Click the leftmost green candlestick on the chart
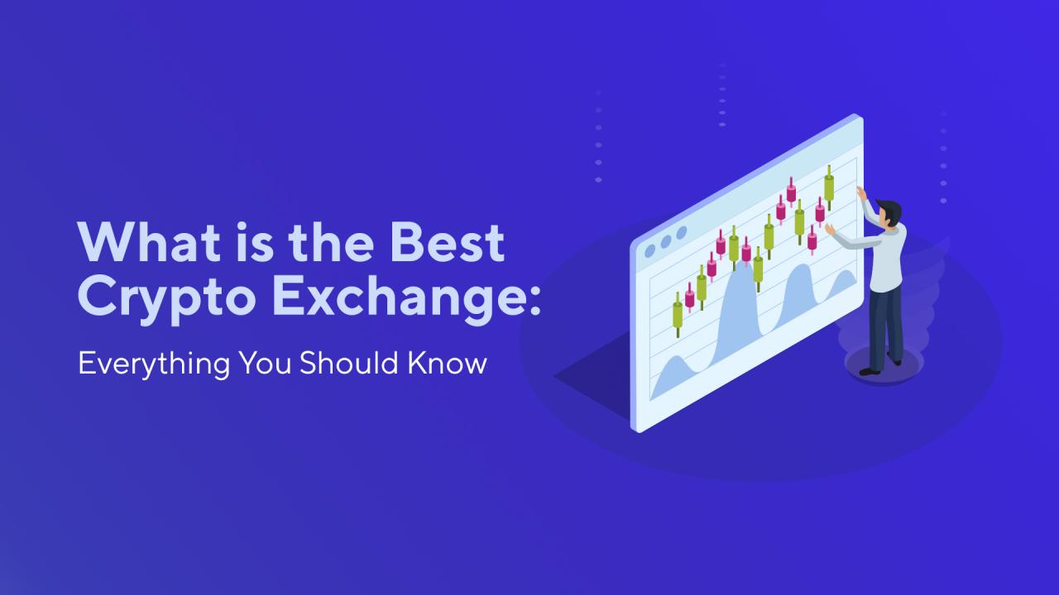pyautogui.click(x=678, y=315)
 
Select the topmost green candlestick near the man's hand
pyautogui.click(x=829, y=187)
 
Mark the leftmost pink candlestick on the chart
pyautogui.click(x=690, y=296)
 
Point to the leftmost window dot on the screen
pyautogui.click(x=650, y=250)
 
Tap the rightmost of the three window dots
pyautogui.click(x=682, y=233)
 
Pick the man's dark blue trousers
pyautogui.click(x=884, y=326)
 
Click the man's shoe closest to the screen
pyautogui.click(x=869, y=371)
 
